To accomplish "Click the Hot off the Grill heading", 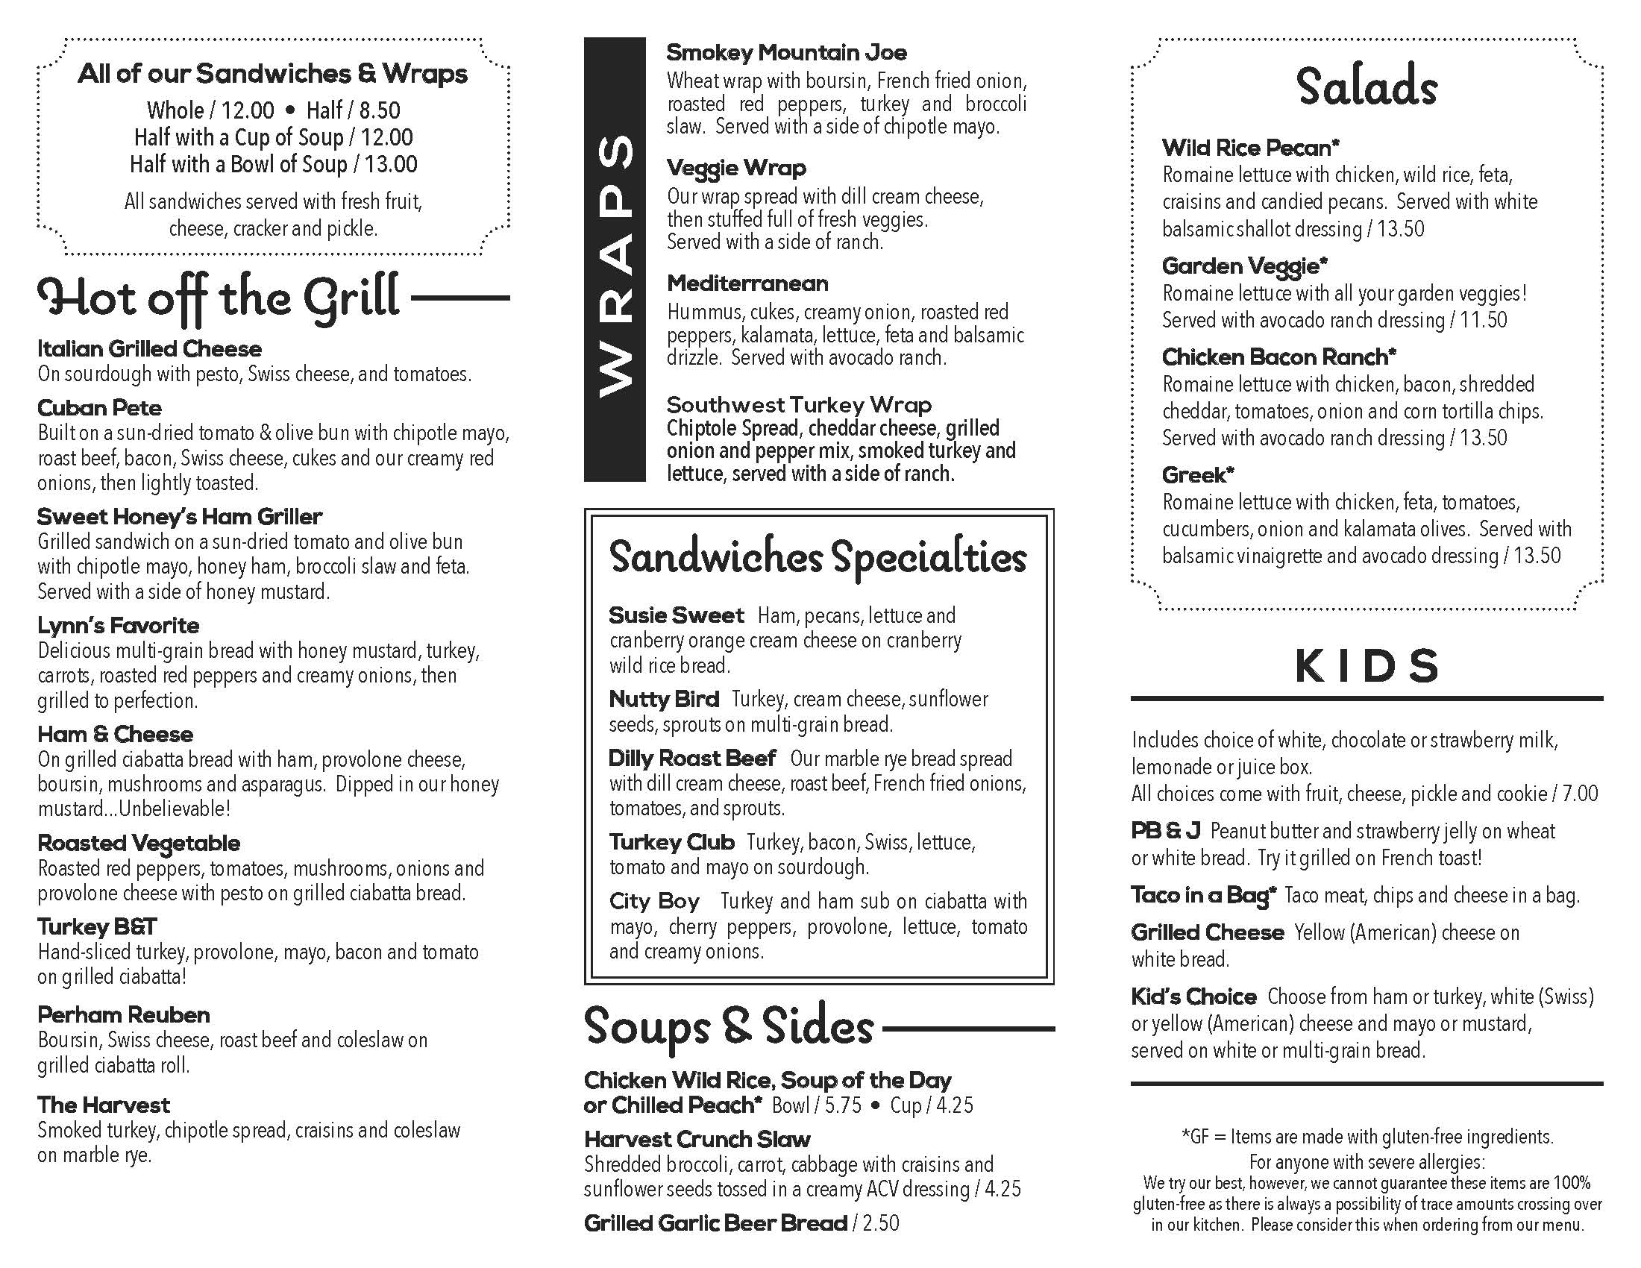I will point(218,298).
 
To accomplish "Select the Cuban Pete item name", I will point(99,408).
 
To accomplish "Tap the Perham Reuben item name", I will point(123,1015).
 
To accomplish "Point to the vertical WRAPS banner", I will point(615,259).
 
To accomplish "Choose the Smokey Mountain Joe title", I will point(786,52).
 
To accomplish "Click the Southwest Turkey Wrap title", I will point(799,405).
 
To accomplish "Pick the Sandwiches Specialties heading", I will point(818,558).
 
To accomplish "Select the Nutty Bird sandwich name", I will point(663,700).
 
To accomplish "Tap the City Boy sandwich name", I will point(653,901).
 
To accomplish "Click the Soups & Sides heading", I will point(729,1027).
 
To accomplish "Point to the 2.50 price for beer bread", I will point(881,1224).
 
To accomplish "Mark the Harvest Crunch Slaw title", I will point(697,1140).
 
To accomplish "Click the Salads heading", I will point(1366,87).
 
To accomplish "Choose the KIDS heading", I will point(1366,666).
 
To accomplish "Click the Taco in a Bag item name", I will point(1203,895).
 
